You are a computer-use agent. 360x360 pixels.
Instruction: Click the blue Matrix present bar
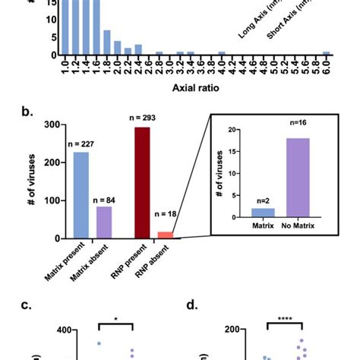[x=81, y=196]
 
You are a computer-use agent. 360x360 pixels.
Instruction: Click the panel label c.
[x=27, y=306]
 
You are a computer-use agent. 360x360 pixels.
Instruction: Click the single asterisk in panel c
[x=115, y=320]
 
